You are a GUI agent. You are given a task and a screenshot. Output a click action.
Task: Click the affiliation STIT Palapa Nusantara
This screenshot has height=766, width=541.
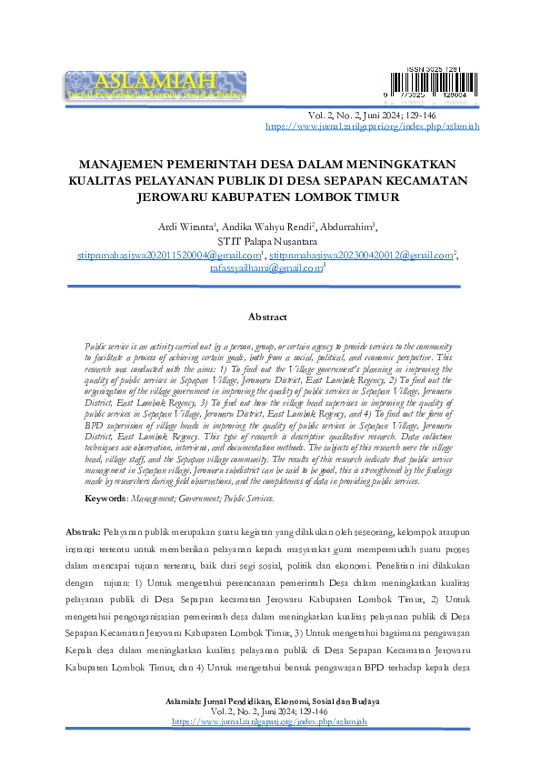tap(269, 242)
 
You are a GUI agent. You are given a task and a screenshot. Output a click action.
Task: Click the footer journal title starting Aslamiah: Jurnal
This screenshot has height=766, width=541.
tap(269, 701)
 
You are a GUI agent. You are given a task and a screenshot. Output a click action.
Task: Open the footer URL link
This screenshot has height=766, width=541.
tap(269, 721)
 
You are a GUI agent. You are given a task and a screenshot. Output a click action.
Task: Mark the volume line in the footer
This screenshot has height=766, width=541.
tap(269, 711)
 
